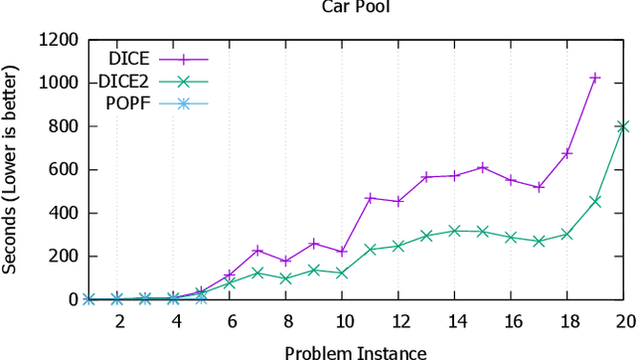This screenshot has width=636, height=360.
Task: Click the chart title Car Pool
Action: tap(347, 8)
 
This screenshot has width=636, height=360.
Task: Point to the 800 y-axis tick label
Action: tap(64, 126)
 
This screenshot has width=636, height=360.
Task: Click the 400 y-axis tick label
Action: tap(64, 213)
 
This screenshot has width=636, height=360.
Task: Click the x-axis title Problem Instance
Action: tap(356, 351)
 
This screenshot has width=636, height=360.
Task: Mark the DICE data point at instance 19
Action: tap(595, 78)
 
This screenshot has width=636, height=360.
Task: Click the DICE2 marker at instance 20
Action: tap(623, 126)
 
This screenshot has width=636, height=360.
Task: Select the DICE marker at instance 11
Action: tap(371, 198)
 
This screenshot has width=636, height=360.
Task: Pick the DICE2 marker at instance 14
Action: tap(455, 231)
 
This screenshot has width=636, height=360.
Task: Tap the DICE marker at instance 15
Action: tap(483, 167)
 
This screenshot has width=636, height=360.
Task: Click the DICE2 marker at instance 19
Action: tap(595, 201)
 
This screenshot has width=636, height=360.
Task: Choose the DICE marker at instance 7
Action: tap(258, 250)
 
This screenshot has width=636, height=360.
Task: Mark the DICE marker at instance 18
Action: tap(567, 153)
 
